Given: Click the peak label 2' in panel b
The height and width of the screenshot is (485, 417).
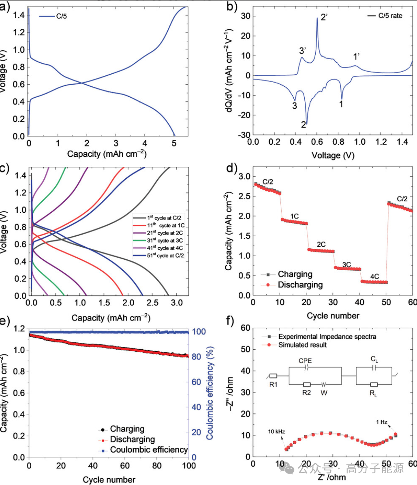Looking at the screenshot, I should [324, 18].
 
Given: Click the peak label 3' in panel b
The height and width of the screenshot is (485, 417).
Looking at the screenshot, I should [303, 51].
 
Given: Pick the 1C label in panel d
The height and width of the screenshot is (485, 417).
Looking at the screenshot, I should [295, 216].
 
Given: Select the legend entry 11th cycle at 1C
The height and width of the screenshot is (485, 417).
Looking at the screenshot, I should [158, 224].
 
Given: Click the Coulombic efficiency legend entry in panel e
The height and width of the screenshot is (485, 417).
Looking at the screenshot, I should [149, 450].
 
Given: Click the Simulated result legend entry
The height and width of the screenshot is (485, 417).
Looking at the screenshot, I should [302, 345].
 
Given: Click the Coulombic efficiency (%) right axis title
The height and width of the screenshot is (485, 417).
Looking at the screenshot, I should [210, 395].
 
